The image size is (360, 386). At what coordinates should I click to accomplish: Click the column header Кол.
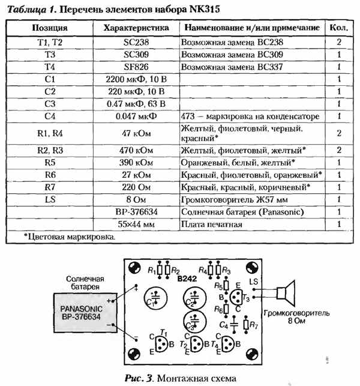click(339, 28)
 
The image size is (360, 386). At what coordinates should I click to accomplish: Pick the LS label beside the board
click(254, 282)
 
